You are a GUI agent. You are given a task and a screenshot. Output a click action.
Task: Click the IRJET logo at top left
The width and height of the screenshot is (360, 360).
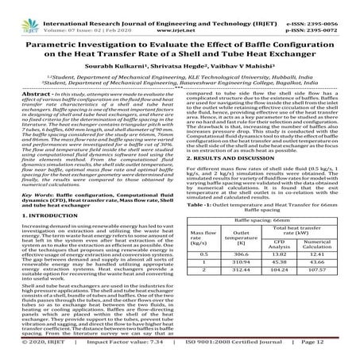pos(17,11)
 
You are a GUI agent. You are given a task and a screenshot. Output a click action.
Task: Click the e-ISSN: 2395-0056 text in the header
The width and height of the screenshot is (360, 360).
pos(323,6)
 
